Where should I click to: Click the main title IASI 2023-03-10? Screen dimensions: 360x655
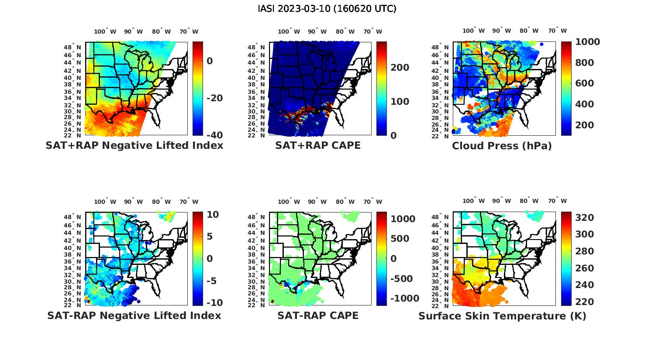(x=327, y=9)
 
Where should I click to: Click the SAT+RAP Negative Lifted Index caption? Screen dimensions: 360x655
(x=134, y=145)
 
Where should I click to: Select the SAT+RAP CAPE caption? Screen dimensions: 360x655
(x=318, y=145)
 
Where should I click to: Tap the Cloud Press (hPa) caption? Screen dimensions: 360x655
(x=502, y=146)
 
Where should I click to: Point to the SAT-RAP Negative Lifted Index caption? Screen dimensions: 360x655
(x=134, y=315)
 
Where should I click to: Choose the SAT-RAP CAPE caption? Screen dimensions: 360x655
(x=318, y=315)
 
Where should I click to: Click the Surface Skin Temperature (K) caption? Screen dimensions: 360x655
(x=502, y=316)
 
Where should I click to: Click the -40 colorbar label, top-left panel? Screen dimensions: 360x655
(x=214, y=135)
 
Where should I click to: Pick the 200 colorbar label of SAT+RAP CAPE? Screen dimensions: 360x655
(x=400, y=68)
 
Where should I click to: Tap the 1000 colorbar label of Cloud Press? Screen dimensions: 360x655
(x=587, y=42)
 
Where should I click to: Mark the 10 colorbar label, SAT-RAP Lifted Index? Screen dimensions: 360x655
(x=212, y=214)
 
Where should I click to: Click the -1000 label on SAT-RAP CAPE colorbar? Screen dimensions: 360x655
(x=404, y=298)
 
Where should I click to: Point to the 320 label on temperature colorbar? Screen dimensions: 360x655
(x=584, y=218)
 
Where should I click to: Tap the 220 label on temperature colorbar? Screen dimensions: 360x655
(x=584, y=302)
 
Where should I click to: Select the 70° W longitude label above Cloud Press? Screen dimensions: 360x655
(x=557, y=31)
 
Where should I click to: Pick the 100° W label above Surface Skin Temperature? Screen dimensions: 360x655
(x=473, y=201)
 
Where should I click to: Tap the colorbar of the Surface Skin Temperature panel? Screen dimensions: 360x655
(x=566, y=259)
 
